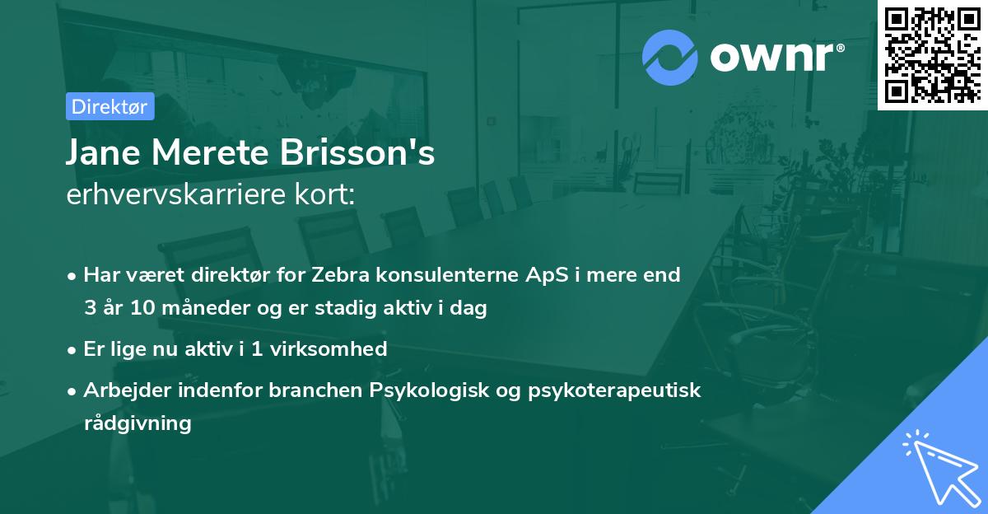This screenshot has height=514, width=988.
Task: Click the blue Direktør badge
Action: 110,106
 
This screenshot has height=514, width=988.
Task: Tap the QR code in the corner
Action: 931,54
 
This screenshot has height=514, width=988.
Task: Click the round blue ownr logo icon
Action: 670,57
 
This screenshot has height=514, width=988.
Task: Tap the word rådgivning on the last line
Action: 137,423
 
